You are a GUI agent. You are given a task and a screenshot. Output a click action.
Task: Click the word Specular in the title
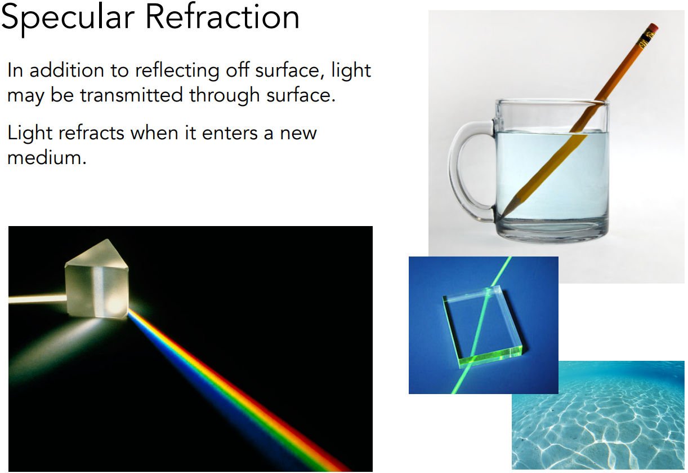point(68,19)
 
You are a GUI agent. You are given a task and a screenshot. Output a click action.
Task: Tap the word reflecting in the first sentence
point(177,71)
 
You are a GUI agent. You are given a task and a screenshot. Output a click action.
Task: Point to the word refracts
point(91,133)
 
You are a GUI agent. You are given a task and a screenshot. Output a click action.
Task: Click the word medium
point(47,158)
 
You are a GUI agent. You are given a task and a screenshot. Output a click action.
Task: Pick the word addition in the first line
point(66,70)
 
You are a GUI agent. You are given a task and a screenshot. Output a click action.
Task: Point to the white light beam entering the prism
point(37,299)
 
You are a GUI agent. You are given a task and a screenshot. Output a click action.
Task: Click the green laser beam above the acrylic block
point(501,271)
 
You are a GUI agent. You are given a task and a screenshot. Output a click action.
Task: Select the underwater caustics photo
point(598,416)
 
